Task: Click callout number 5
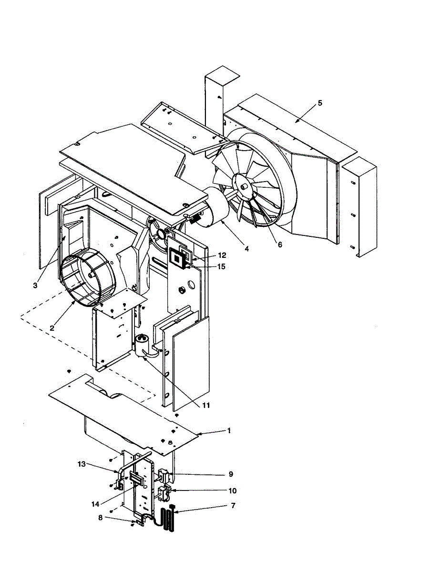click(320, 103)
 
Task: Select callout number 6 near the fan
click(280, 245)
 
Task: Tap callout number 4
click(246, 248)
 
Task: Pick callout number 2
click(52, 328)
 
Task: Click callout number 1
click(229, 430)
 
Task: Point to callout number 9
click(231, 474)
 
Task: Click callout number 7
click(233, 505)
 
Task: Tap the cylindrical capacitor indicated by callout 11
click(141, 346)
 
